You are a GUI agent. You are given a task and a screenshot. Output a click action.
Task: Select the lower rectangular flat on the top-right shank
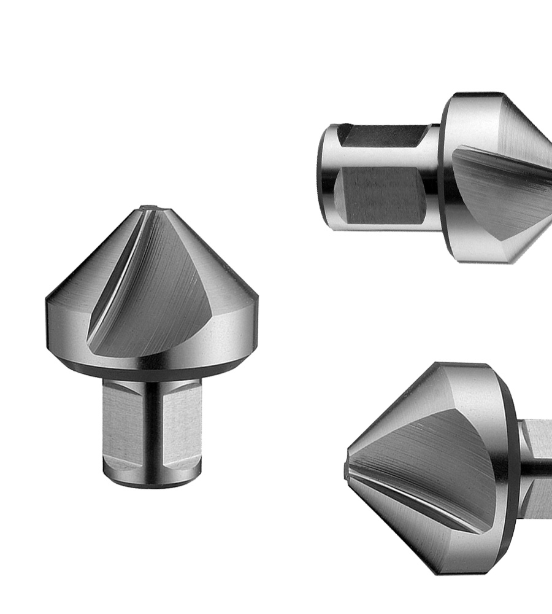[x=383, y=196]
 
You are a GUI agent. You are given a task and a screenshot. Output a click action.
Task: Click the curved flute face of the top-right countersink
[x=503, y=196]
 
